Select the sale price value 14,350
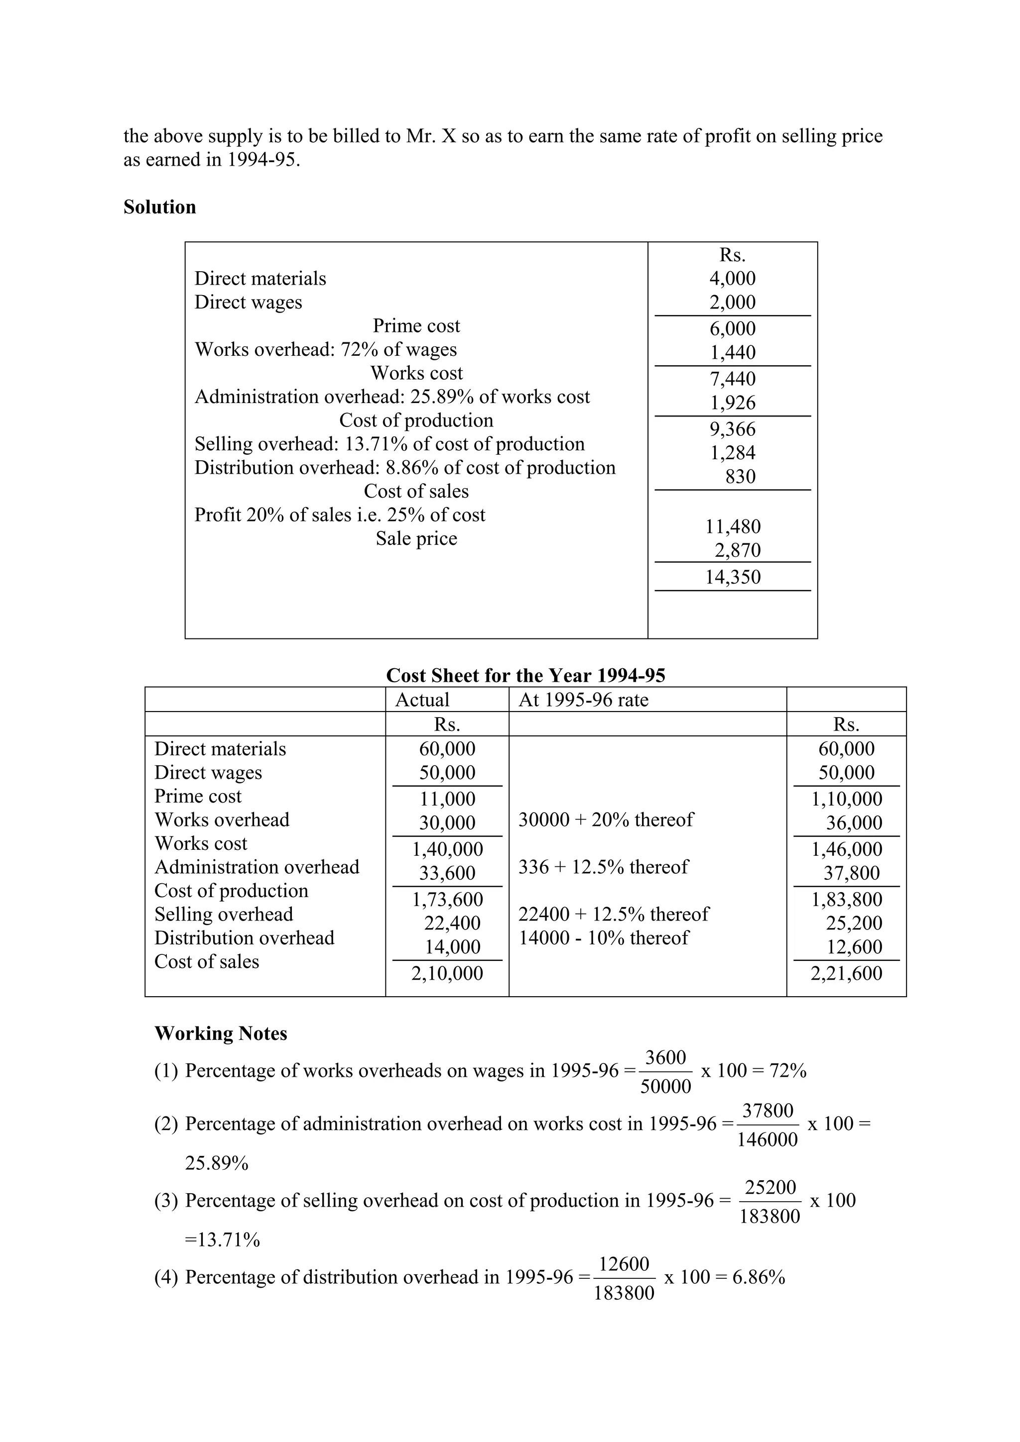coord(732,577)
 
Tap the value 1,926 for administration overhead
coord(732,403)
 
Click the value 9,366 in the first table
coord(732,429)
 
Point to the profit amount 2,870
coord(737,550)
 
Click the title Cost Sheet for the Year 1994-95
coord(525,675)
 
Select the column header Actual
coord(422,700)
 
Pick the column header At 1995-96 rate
coord(583,700)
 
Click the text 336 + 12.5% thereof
coord(603,867)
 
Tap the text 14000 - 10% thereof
coord(603,937)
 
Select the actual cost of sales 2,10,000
coord(447,973)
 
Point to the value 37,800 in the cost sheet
coord(851,872)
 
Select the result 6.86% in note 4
coord(759,1277)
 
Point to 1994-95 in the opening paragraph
coord(262,160)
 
